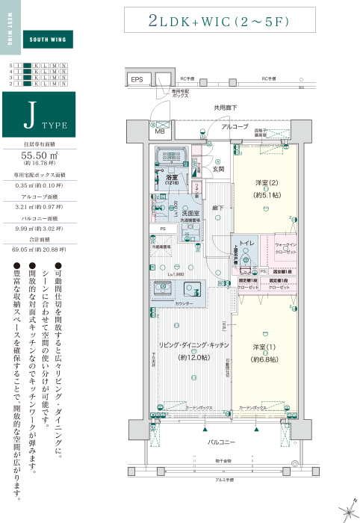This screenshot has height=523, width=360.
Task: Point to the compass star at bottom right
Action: click(x=346, y=510)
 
